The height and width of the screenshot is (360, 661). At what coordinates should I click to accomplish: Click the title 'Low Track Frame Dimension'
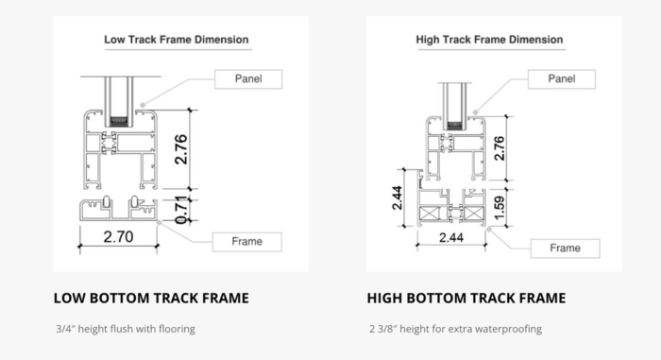click(176, 41)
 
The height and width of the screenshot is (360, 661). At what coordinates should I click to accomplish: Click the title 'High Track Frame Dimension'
click(489, 41)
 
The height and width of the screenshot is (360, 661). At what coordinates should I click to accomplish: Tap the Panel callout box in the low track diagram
click(247, 78)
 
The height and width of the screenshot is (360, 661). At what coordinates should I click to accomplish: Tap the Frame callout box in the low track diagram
click(247, 242)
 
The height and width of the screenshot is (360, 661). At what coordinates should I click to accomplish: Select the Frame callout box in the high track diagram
click(565, 249)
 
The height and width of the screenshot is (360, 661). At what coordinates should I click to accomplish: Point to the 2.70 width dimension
click(118, 238)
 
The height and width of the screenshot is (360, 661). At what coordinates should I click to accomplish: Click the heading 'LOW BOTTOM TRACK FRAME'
click(152, 299)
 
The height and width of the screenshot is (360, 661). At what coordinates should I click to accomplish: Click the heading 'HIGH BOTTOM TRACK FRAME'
click(467, 299)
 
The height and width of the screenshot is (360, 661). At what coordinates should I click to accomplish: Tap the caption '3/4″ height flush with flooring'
click(126, 330)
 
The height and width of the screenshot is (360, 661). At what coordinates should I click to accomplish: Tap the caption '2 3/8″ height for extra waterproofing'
click(455, 330)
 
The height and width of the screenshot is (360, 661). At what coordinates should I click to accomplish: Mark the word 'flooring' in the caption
click(177, 330)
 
